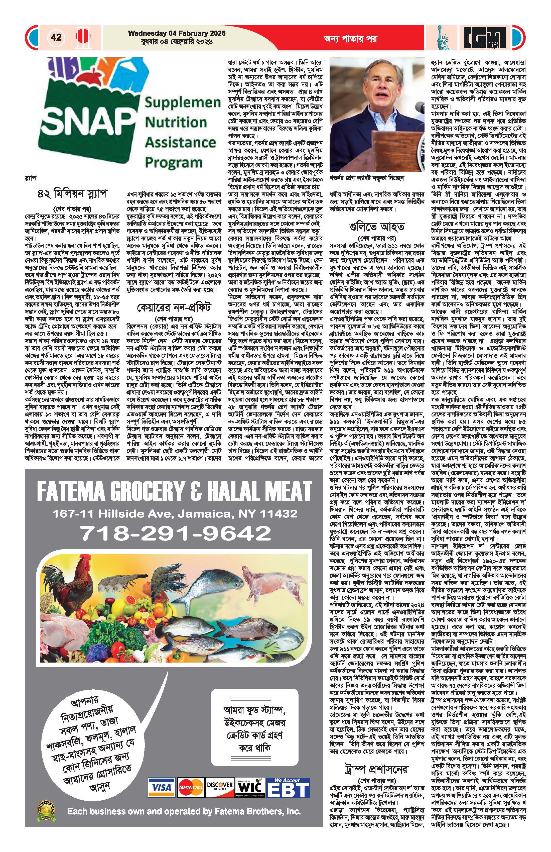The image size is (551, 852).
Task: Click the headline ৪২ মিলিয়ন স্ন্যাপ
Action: [72, 194]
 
